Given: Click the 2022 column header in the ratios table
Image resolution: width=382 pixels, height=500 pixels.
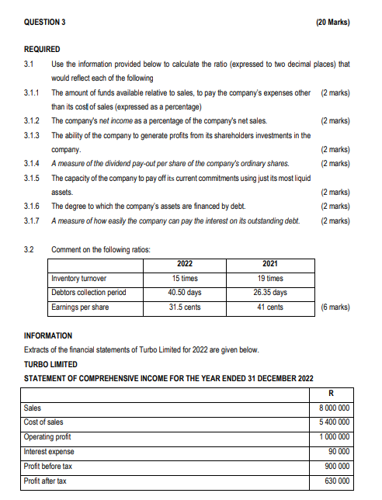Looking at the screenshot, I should (x=185, y=264).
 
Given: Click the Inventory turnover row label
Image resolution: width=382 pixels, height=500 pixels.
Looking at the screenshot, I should (x=78, y=278).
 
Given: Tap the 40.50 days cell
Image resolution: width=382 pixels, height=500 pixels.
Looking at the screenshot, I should (x=185, y=293).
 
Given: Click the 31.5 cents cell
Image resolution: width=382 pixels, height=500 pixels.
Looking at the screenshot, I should (x=185, y=307).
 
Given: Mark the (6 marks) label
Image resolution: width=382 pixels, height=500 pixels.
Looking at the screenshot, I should (x=335, y=307).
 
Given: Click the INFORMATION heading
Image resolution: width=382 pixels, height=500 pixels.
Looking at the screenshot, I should (x=48, y=335).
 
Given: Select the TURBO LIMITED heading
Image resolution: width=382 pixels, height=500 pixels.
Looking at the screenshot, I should (x=52, y=364).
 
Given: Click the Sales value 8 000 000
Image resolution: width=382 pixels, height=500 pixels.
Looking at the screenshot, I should (x=335, y=408).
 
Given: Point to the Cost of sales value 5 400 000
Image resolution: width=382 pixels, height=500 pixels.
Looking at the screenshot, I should (x=335, y=422).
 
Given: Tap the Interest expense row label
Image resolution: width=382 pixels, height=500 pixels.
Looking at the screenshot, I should (x=49, y=452).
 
